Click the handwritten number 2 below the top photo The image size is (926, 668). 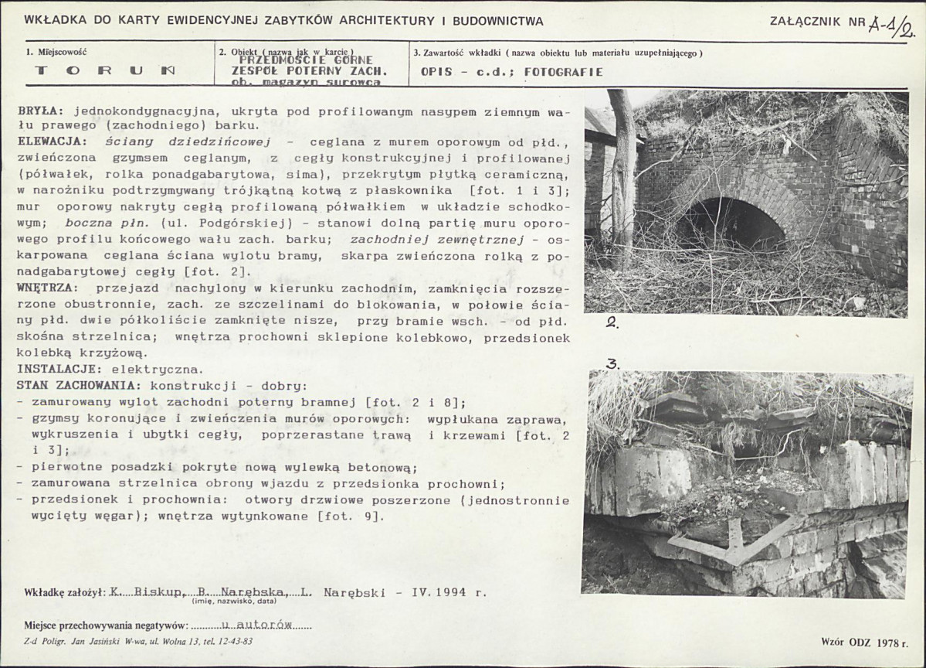[x=610, y=325]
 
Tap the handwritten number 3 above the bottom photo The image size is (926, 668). [x=612, y=364]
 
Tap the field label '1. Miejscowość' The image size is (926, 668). [x=56, y=53]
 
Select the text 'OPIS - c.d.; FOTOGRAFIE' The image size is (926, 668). [x=512, y=72]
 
